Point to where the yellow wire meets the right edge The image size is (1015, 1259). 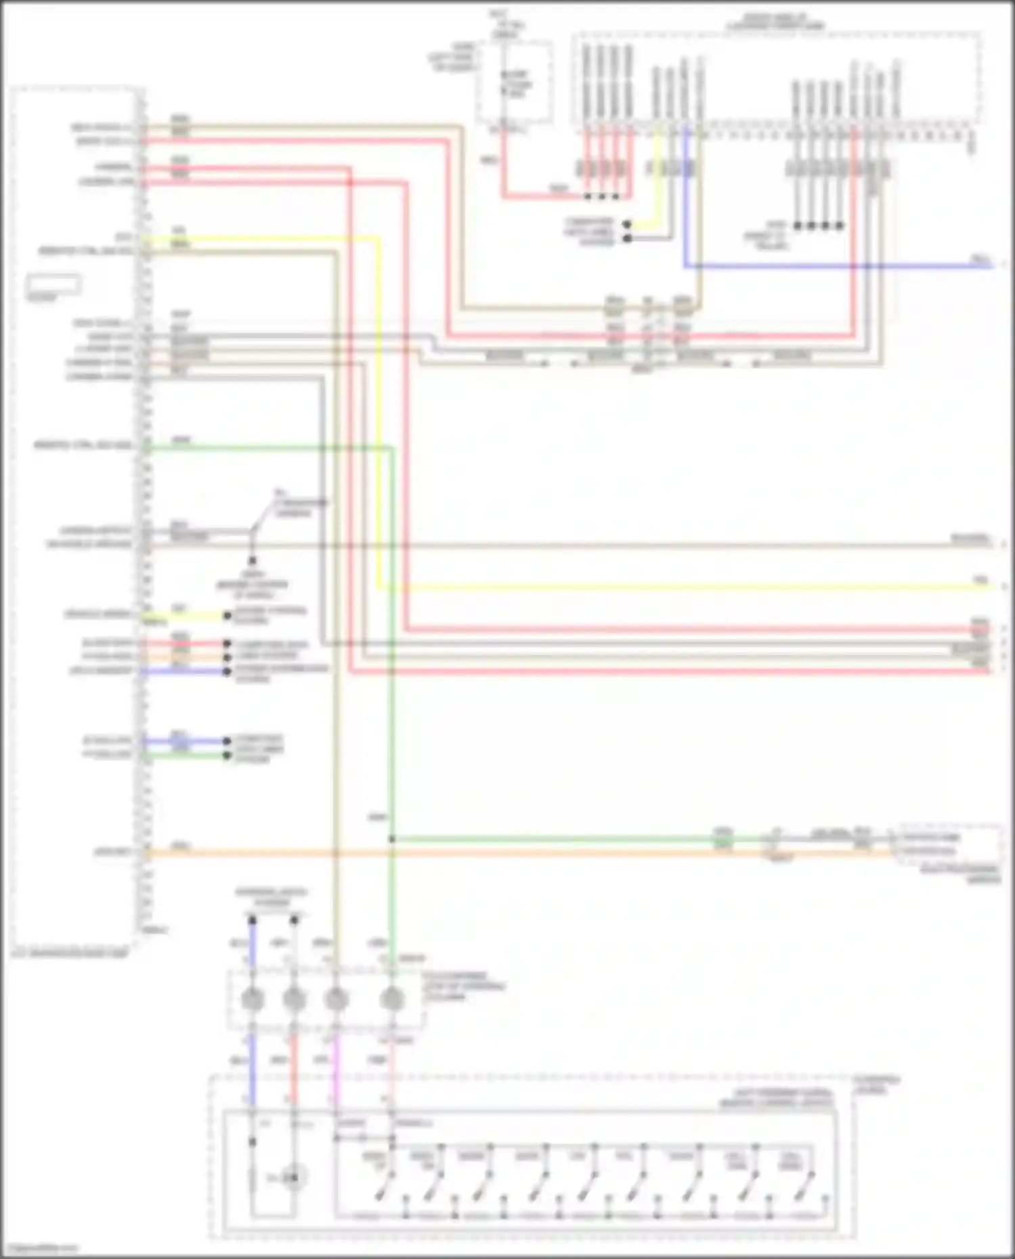point(992,587)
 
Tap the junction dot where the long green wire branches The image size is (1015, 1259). point(392,840)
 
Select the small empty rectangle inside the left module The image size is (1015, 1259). point(53,283)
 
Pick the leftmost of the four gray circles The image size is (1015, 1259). point(252,999)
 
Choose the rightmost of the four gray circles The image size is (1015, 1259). point(392,999)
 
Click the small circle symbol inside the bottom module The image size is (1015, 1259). point(293,1178)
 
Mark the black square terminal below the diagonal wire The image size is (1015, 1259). point(252,561)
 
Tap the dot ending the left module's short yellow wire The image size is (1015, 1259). point(227,616)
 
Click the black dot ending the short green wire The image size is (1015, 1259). point(227,755)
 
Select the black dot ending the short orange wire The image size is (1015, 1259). point(227,657)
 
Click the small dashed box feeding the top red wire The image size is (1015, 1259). point(514,82)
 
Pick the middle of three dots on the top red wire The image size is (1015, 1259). point(602,197)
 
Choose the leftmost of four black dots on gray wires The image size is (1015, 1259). point(797,225)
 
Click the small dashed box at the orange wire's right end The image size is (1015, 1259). point(949,844)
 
